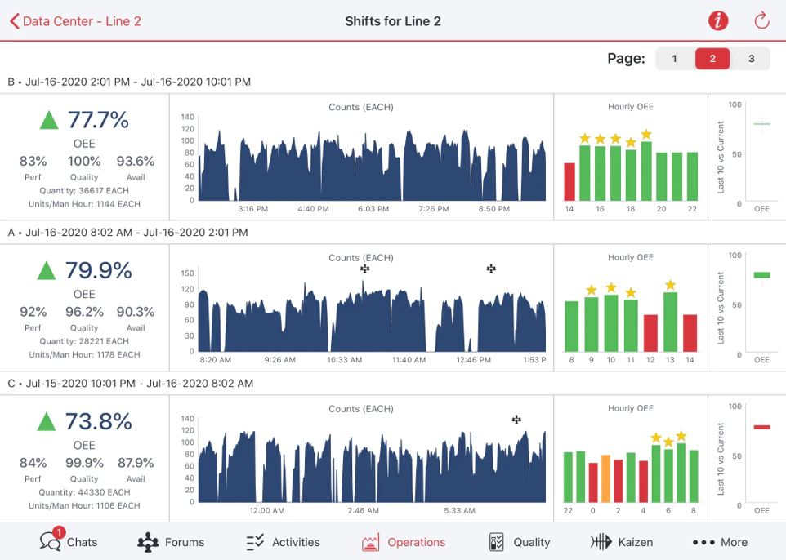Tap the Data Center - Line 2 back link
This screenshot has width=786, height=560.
pos(75,21)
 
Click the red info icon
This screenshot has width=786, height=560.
pos(717,21)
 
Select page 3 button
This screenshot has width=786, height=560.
pos(751,59)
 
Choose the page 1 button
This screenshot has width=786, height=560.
pos(674,59)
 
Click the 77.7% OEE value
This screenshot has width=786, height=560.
pos(98,120)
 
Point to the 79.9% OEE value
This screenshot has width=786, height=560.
pos(98,270)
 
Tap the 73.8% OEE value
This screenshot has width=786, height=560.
pos(98,421)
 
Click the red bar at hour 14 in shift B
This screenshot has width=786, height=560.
pos(569,181)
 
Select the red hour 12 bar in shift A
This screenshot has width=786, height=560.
pos(650,333)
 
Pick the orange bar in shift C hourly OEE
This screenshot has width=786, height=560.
pos(605,479)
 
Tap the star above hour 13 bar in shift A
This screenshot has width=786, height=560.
pos(670,285)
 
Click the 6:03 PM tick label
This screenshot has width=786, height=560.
pos(373,209)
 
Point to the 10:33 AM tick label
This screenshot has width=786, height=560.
pos(345,360)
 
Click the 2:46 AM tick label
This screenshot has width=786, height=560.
pos(363,511)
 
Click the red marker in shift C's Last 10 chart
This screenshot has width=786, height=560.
pos(761,426)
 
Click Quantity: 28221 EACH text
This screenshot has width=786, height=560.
pos(84,341)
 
